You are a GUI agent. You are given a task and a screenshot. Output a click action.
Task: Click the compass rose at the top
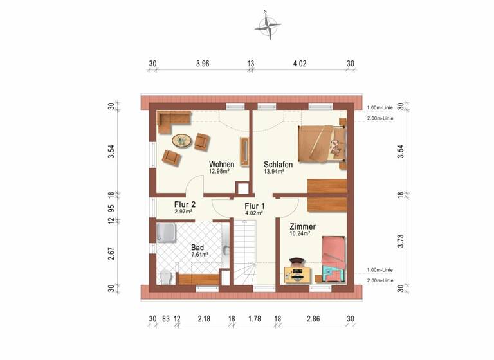(x=268, y=26)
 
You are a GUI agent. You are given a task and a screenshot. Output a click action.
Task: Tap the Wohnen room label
(x=221, y=164)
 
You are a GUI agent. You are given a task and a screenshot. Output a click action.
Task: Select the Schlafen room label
(x=278, y=165)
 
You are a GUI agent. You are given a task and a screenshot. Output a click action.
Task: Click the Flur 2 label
(x=184, y=205)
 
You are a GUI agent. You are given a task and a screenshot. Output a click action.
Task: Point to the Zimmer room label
(x=302, y=227)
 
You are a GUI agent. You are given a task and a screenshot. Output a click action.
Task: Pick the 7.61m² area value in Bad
(x=200, y=255)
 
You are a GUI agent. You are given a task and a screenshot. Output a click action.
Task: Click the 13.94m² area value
(x=275, y=172)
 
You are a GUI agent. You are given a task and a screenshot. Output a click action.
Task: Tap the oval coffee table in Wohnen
(x=181, y=140)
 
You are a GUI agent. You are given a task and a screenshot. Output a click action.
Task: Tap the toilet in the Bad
(x=165, y=277)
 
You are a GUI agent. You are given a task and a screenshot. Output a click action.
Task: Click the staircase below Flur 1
(x=244, y=251)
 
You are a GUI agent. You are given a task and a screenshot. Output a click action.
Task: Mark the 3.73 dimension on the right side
(x=399, y=241)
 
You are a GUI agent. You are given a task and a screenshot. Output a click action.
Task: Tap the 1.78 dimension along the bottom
(x=254, y=318)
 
